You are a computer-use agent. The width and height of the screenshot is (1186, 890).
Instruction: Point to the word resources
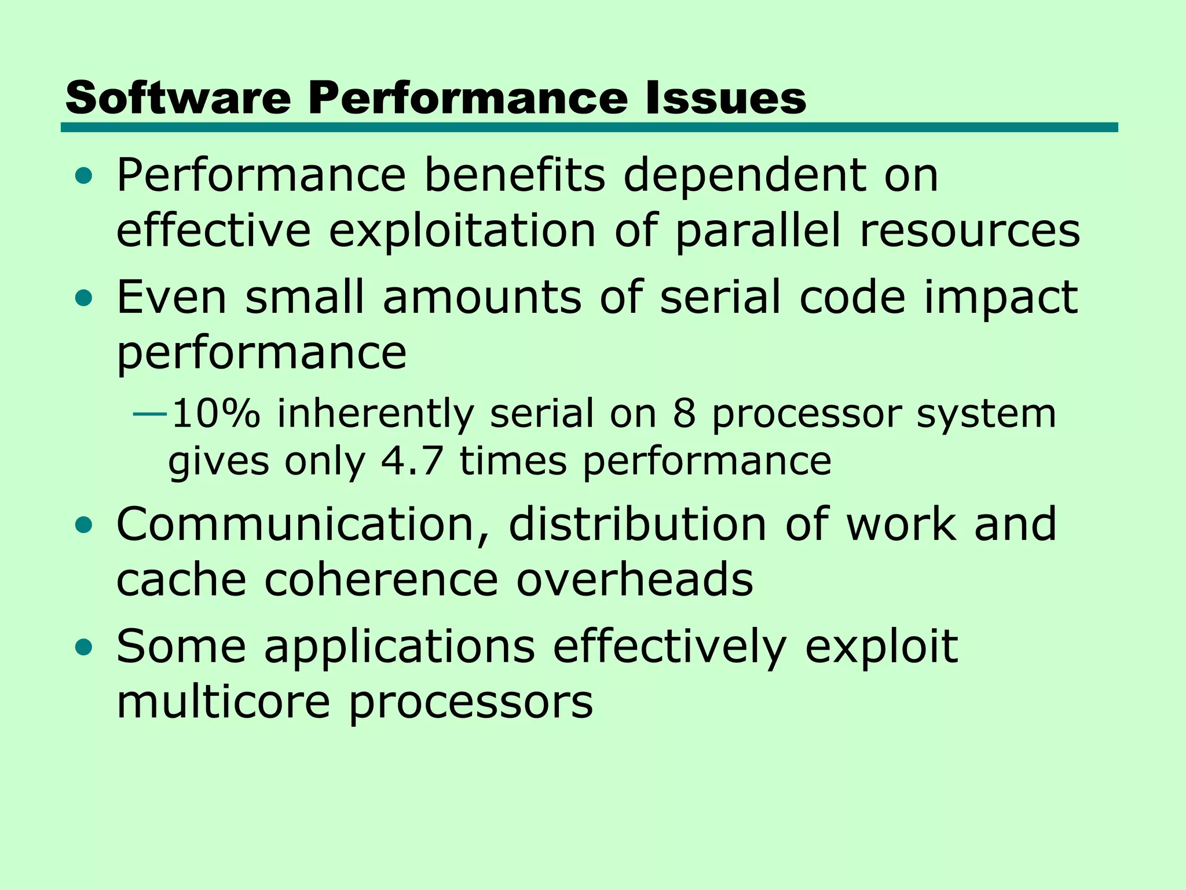[x=969, y=231]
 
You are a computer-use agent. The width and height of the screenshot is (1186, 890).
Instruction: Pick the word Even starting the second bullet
[x=171, y=297]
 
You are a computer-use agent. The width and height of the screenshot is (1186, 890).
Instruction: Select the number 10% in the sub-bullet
[x=216, y=414]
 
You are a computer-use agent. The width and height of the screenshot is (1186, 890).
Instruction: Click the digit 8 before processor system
[x=684, y=414]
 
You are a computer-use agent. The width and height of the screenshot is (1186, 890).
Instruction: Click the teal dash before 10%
[x=150, y=414]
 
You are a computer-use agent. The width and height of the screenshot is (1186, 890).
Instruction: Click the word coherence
[x=381, y=580]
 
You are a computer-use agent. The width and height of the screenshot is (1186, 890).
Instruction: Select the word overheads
[x=635, y=580]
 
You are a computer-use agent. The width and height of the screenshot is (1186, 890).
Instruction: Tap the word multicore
[x=224, y=702]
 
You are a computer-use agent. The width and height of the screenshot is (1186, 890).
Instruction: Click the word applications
[x=400, y=646]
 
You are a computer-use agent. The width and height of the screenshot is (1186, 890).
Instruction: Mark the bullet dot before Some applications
[x=84, y=647]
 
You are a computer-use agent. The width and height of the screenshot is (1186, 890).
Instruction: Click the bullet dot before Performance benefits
[x=84, y=176]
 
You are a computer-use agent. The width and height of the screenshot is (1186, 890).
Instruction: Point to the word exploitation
[x=463, y=231]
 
